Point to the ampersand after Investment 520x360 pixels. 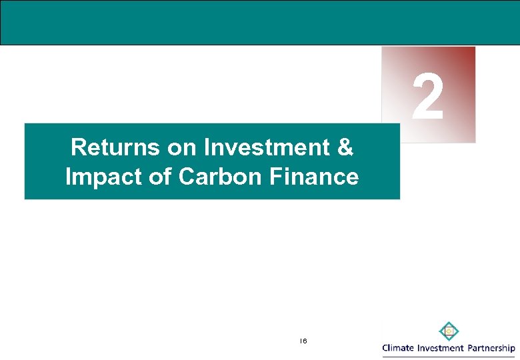pos(345,147)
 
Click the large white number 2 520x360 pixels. pos(427,97)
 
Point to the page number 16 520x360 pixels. pos(303,341)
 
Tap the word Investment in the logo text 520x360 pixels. pos(440,348)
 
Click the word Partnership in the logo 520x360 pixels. pos(490,349)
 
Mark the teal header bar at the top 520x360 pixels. pos(260,23)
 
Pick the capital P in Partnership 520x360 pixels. pos(469,348)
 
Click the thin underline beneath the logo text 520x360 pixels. pos(448,357)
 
